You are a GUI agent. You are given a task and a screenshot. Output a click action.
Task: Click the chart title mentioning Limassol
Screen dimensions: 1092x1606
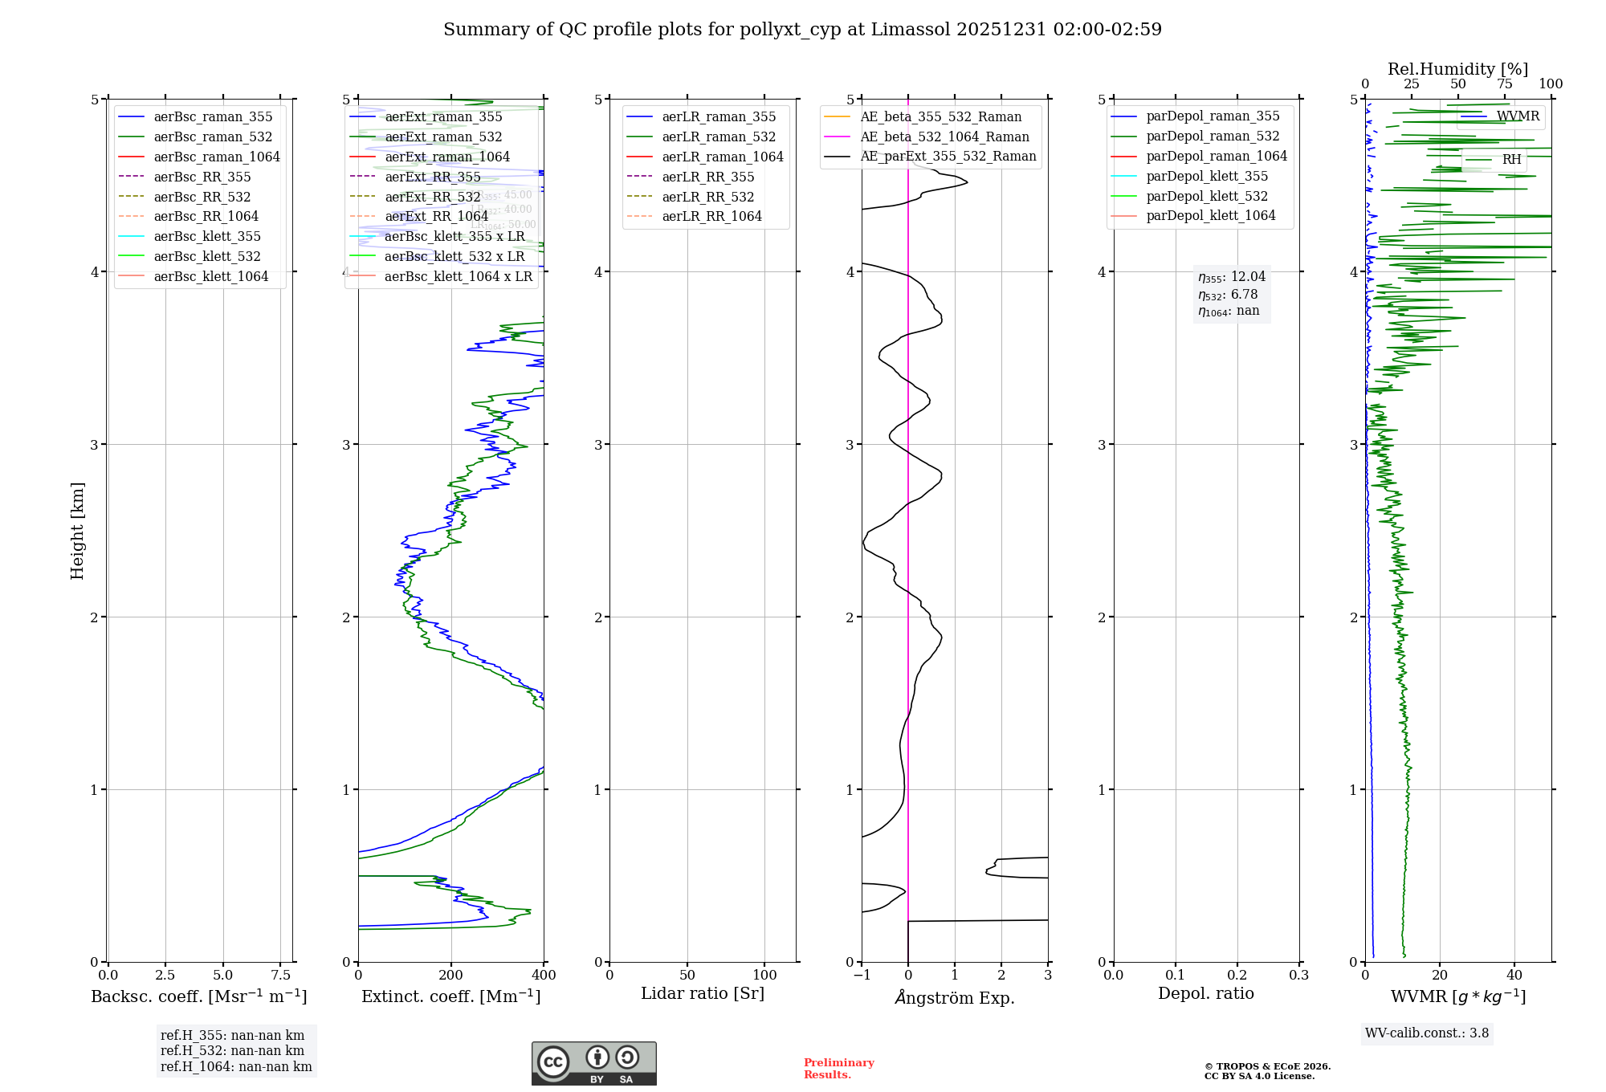click(x=802, y=30)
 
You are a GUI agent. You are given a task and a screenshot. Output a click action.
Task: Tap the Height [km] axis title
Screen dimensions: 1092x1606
click(x=77, y=530)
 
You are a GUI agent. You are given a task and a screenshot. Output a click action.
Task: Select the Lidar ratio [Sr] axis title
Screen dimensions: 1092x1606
click(x=703, y=993)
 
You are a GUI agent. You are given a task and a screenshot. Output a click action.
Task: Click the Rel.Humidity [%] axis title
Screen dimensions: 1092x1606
click(x=1457, y=69)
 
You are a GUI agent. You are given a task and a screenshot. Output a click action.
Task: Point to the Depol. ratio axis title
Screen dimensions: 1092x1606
click(x=1205, y=993)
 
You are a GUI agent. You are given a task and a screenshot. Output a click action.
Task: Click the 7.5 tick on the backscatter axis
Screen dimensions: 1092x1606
click(x=280, y=975)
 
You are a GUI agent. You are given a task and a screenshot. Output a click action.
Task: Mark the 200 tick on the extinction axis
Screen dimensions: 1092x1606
click(x=451, y=975)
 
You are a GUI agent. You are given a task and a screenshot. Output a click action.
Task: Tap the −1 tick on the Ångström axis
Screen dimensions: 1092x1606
click(x=861, y=975)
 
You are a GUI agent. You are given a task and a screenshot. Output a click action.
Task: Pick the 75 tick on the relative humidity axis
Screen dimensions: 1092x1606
click(x=1504, y=84)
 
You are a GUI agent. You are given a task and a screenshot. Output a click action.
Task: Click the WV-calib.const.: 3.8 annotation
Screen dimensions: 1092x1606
click(x=1426, y=1033)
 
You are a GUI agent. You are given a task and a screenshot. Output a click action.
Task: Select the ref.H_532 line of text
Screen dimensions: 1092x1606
click(x=232, y=1050)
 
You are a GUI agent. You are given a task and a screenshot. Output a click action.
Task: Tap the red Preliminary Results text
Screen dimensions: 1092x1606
click(x=838, y=1069)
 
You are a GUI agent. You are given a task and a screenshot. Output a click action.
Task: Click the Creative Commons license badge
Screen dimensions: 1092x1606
click(x=593, y=1063)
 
